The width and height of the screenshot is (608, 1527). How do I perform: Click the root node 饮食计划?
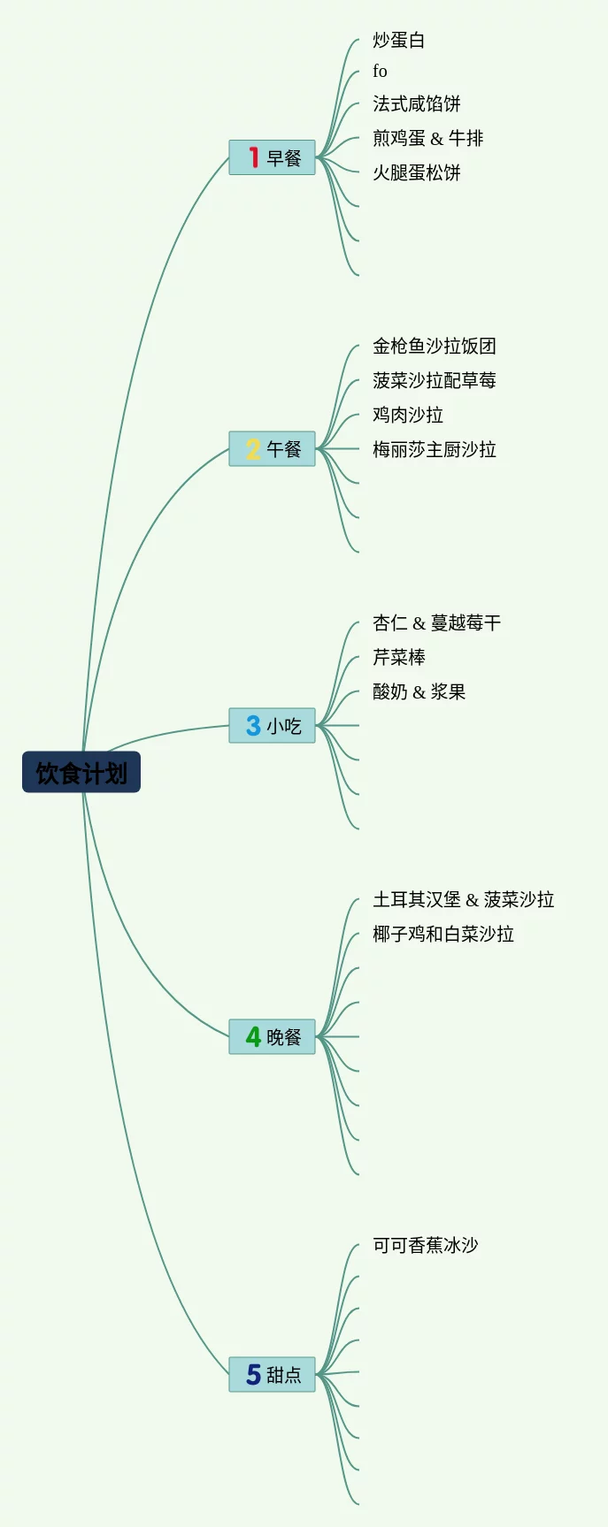81,773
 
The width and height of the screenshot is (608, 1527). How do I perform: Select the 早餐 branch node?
273,157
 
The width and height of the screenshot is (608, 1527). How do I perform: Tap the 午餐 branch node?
273,448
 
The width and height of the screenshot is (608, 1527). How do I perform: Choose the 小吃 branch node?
273,726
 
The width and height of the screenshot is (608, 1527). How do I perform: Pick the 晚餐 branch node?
273,1036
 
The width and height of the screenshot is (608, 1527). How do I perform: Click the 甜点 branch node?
273,1374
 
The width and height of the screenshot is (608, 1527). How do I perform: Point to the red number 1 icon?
253,157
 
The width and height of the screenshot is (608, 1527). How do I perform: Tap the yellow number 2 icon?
253,448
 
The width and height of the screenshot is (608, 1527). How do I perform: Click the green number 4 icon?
253,1036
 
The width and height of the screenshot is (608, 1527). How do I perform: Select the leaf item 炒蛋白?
398,40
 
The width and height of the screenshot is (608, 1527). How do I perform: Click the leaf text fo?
380,71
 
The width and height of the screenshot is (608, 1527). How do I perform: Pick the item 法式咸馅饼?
416,103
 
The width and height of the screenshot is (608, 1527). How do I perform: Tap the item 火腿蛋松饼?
416,172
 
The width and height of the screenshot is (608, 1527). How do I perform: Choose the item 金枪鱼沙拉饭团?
434,346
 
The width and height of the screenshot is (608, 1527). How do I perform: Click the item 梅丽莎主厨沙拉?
434,449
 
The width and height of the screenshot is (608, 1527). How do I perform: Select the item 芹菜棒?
398,657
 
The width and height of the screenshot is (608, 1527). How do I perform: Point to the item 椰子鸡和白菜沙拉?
443,934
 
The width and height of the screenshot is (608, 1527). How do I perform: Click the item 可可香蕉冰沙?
425,1245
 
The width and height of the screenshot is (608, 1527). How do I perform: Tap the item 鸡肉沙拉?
407,415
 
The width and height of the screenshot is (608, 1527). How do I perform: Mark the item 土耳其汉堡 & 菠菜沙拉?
463,899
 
